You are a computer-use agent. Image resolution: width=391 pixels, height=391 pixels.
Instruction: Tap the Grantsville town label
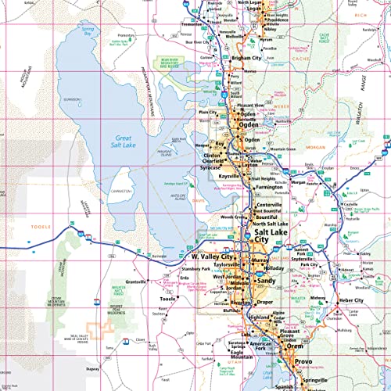(137, 281)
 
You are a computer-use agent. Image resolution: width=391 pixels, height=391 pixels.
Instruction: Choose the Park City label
(309, 265)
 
